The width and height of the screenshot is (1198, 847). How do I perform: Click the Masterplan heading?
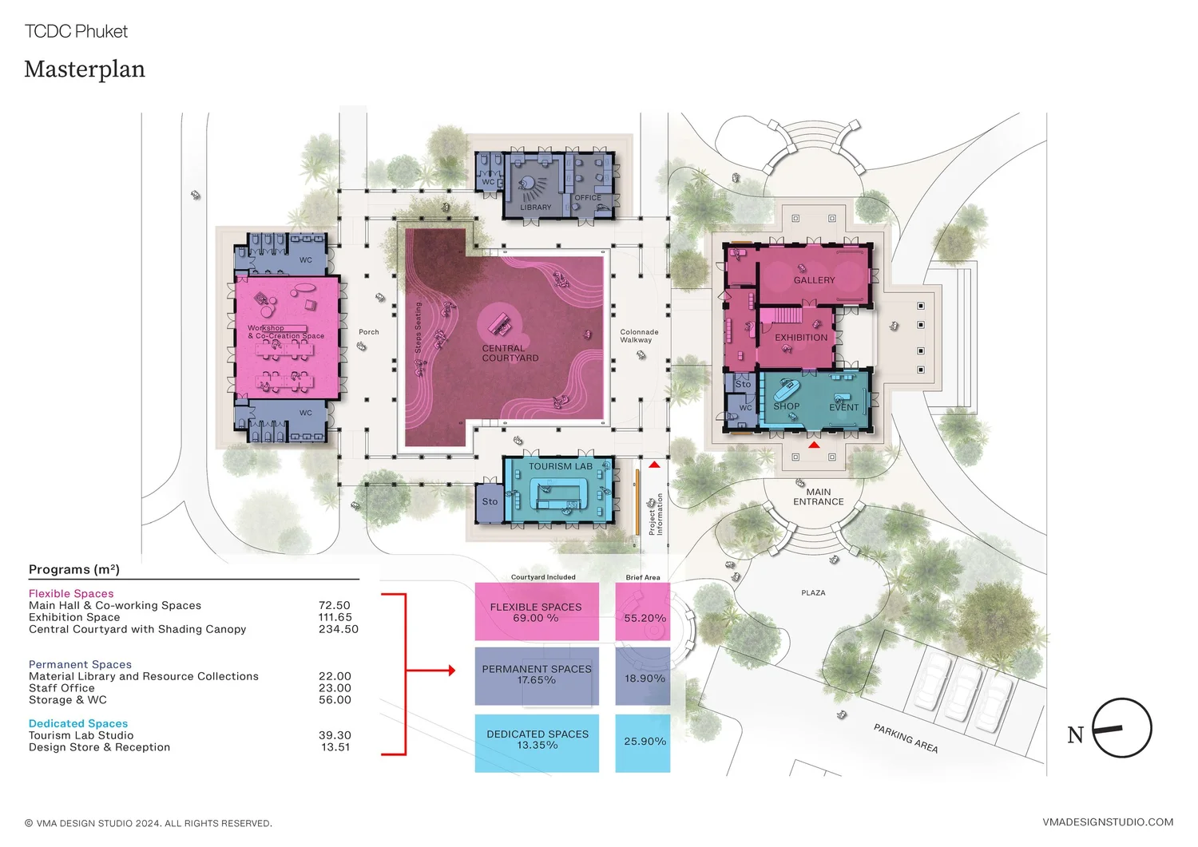(x=85, y=69)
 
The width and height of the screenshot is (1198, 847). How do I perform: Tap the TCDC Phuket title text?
(x=76, y=31)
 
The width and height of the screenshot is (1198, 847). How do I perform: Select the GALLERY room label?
(x=814, y=280)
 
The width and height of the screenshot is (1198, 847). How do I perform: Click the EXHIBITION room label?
(x=801, y=338)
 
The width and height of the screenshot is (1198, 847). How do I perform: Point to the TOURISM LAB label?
(x=561, y=466)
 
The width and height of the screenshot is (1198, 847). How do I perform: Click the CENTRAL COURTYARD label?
(x=510, y=354)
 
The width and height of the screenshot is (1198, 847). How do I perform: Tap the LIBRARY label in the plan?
(x=535, y=208)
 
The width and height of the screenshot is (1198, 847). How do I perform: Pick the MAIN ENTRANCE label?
(x=818, y=497)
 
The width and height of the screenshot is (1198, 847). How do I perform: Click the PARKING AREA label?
(x=905, y=738)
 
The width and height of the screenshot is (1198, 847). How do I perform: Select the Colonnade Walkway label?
(x=639, y=336)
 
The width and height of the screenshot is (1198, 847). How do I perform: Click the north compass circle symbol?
(x=1121, y=728)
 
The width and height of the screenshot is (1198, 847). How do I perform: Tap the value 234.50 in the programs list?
(x=339, y=629)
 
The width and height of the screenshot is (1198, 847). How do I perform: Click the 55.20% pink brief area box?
(x=643, y=612)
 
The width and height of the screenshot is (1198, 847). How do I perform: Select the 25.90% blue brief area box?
(x=643, y=743)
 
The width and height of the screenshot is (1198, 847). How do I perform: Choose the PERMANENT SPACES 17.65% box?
(x=537, y=676)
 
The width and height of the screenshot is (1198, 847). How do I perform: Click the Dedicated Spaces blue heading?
(x=78, y=723)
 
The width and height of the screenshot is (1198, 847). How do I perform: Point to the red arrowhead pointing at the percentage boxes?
(x=451, y=671)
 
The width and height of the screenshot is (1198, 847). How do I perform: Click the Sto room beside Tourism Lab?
(x=489, y=502)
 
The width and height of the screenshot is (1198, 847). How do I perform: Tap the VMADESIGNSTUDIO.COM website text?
(x=1108, y=822)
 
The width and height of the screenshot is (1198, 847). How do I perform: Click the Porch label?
(x=369, y=332)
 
